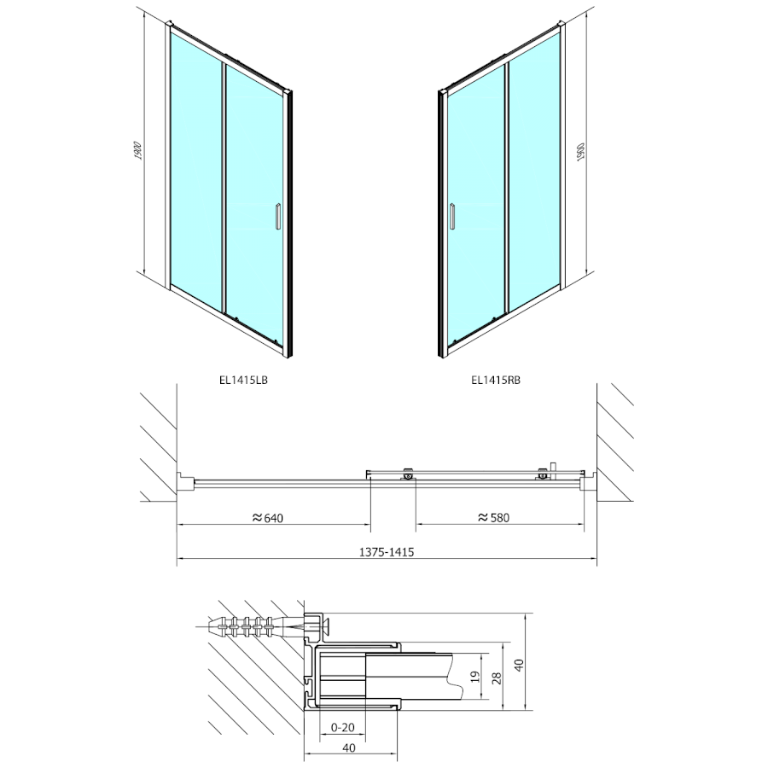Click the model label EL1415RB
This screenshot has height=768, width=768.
(495, 381)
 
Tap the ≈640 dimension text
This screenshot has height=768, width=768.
(267, 517)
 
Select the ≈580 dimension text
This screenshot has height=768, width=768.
(494, 517)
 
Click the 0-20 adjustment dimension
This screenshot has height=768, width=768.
(343, 727)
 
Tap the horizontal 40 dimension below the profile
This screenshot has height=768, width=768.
(349, 748)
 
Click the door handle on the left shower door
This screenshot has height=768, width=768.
(277, 216)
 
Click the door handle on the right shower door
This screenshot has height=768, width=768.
(452, 216)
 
